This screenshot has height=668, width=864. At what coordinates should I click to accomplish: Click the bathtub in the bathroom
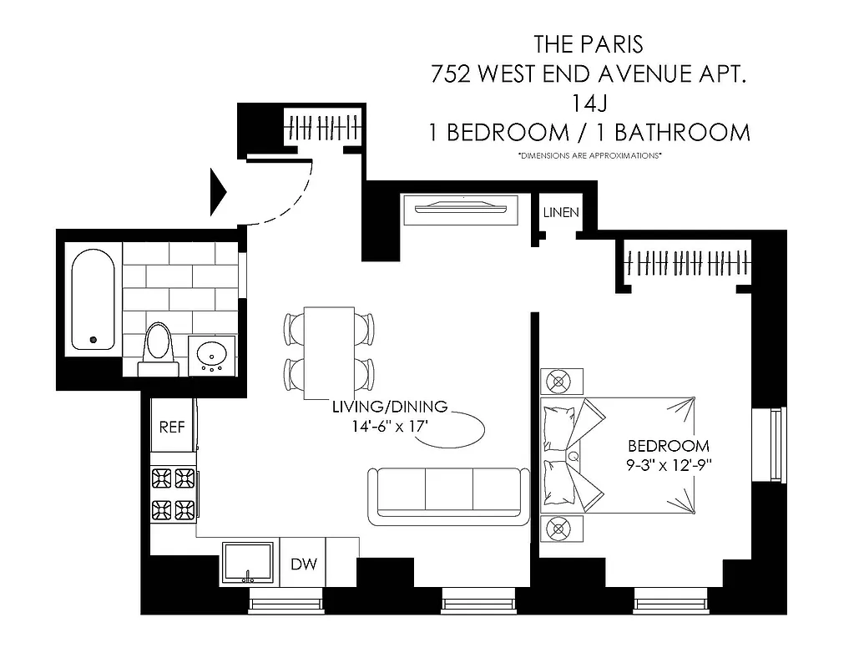coord(93,301)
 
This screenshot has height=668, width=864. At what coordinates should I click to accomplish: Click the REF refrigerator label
coord(172,427)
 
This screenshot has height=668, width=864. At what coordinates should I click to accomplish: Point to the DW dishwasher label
coord(304,565)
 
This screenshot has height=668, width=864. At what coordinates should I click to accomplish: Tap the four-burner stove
coord(173,493)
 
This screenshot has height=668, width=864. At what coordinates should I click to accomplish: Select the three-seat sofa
coord(449,496)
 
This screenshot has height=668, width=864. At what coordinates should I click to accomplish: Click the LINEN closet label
coord(560,213)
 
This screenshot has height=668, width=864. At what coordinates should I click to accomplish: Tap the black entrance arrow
coord(218,191)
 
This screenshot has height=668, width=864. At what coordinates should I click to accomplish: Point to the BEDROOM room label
coord(669,446)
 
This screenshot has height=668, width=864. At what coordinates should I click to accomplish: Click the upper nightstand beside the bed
coord(557,382)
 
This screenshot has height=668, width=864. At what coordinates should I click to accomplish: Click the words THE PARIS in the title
coord(589,43)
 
